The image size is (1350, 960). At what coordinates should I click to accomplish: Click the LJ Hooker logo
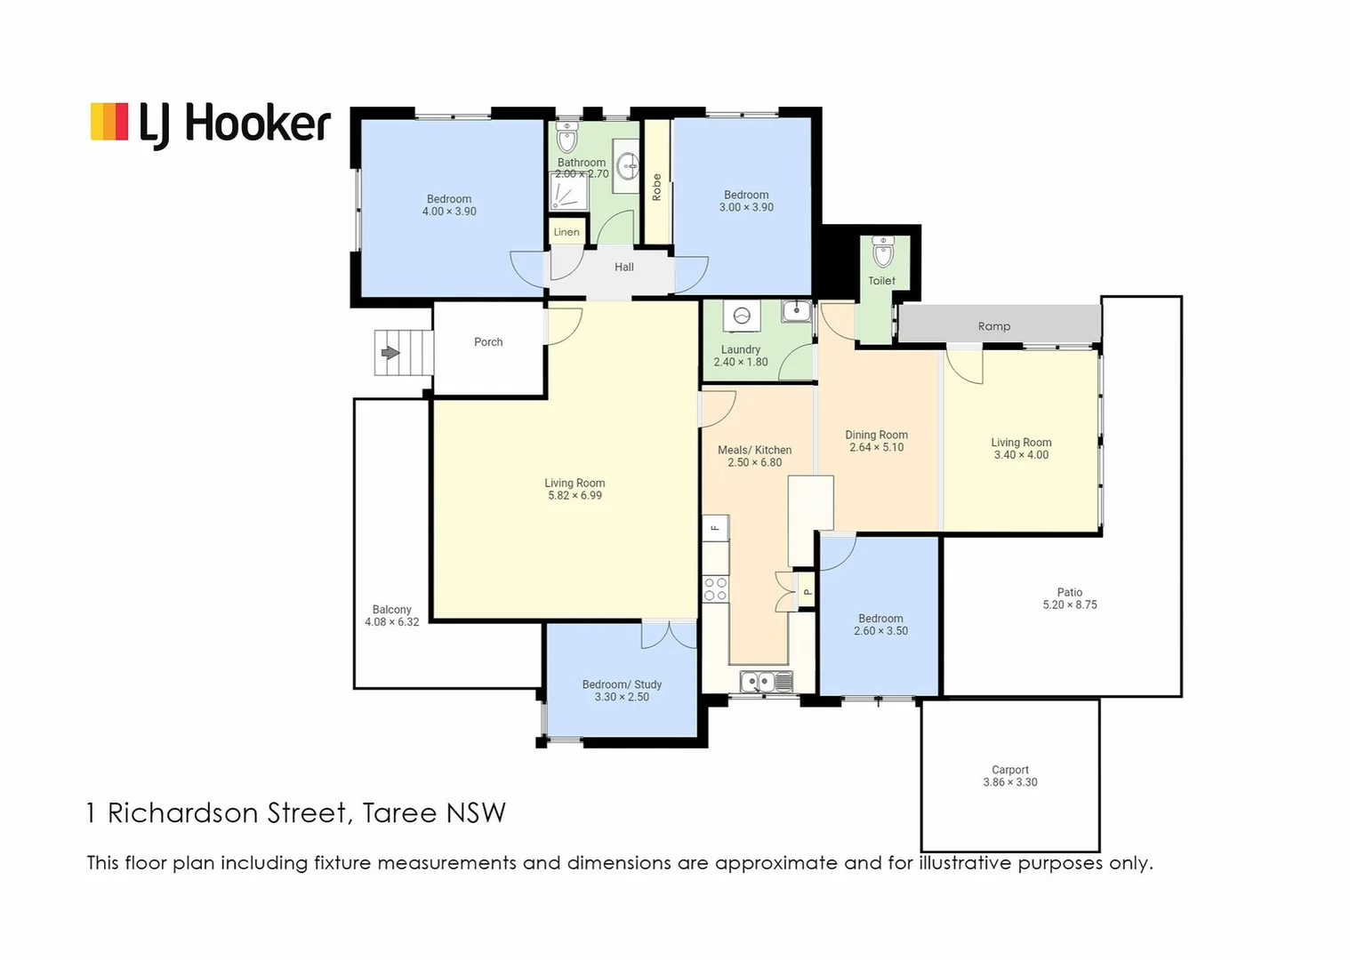pos(210,123)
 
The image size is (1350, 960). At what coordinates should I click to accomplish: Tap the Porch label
pos(488,342)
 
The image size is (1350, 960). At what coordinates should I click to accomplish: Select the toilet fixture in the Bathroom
pos(567,139)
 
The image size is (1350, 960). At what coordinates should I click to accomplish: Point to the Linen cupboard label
pos(567,232)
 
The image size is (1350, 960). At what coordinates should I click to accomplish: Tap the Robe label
pos(657,187)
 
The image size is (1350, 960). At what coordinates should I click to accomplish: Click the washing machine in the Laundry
pos(741,316)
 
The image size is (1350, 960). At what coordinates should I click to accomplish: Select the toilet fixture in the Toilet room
pos(882,252)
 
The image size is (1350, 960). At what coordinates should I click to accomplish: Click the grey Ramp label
pos(993,326)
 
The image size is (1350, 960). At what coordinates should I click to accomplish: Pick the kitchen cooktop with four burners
pos(716,589)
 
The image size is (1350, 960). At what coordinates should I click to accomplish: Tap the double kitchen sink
pos(766,682)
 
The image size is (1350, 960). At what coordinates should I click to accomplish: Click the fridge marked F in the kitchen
pos(715,528)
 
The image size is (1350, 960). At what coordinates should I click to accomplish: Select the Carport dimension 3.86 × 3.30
pos(1009,782)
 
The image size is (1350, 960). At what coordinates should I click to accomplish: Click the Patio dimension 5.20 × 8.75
pos(1069,604)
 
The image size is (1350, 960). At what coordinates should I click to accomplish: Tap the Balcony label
pos(391,610)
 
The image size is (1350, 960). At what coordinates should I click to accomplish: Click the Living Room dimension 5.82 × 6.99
pos(575,496)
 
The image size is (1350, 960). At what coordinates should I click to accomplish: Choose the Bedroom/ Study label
pos(622,684)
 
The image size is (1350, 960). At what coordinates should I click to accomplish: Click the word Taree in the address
pos(399,812)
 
